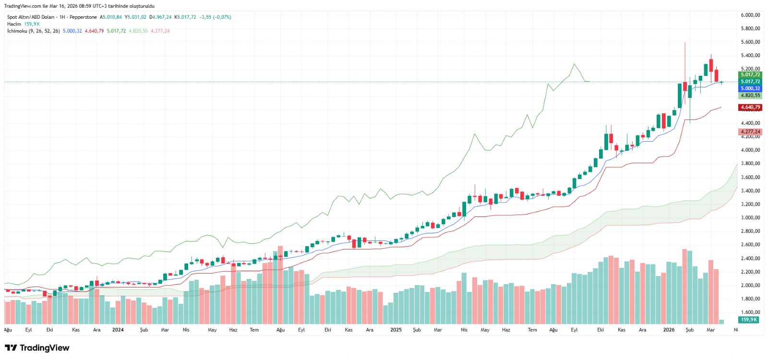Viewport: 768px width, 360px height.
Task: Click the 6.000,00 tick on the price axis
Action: (750, 15)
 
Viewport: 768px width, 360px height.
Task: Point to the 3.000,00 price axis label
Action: (750, 217)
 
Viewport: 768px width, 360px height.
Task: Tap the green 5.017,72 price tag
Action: (750, 75)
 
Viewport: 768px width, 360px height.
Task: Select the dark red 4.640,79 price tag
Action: (750, 108)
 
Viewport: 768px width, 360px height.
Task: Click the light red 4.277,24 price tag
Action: (750, 132)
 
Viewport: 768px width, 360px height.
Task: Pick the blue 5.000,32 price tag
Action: (750, 88)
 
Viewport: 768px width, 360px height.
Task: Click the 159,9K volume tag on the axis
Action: (749, 320)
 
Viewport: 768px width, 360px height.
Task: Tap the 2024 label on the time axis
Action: (118, 330)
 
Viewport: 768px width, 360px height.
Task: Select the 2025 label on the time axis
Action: (396, 330)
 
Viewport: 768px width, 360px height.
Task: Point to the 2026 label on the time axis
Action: (669, 330)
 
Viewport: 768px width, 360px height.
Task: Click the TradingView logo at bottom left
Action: (37, 348)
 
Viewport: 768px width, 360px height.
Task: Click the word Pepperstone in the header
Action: (83, 17)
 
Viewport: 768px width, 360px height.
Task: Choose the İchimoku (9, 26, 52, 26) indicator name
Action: (34, 31)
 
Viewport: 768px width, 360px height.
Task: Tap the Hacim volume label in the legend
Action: (14, 24)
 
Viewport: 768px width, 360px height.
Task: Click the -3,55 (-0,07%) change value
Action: (215, 17)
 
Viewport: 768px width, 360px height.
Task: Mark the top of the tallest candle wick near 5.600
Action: (685, 43)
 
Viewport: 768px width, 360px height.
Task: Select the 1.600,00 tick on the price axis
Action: (750, 312)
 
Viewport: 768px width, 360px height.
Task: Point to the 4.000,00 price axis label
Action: (750, 150)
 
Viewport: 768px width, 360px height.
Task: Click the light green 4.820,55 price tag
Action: (750, 96)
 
